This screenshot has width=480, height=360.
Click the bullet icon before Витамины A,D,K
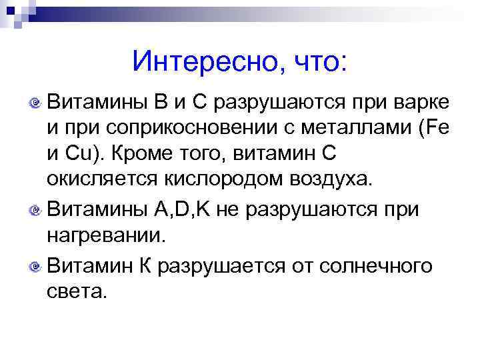pyautogui.click(x=37, y=211)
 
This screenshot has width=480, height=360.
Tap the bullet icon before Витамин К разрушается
pyautogui.click(x=37, y=267)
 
